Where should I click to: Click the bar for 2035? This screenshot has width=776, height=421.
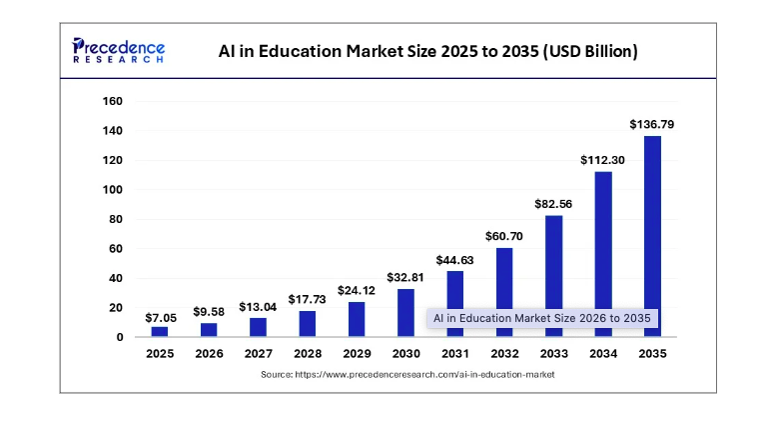(x=652, y=236)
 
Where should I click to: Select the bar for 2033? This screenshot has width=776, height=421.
(x=554, y=276)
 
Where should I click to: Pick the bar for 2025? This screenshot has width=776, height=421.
(x=160, y=331)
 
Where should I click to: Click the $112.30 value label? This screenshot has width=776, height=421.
(x=602, y=160)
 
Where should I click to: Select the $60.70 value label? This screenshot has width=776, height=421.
(x=504, y=236)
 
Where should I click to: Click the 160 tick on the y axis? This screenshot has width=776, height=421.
(x=112, y=101)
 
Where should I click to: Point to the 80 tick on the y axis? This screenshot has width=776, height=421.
(x=116, y=219)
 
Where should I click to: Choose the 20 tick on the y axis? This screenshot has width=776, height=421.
(x=116, y=308)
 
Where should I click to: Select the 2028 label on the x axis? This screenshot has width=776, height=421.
(x=308, y=353)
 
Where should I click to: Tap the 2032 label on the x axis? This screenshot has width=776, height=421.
(x=504, y=353)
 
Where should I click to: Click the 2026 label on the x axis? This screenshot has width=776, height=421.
(x=209, y=353)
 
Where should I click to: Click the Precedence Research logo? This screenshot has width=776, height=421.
(x=119, y=51)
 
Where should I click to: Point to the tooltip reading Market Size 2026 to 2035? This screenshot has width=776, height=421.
(x=541, y=318)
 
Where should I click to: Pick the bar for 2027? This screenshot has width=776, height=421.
(x=259, y=327)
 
